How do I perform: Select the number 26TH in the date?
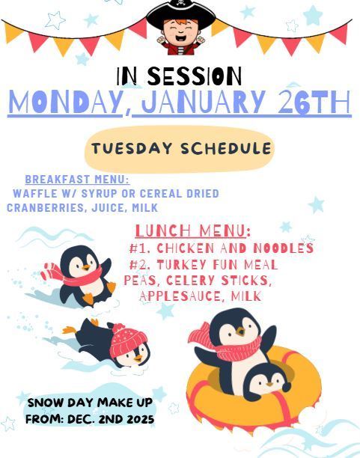pyautogui.click(x=314, y=103)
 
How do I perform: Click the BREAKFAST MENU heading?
pyautogui.click(x=77, y=180)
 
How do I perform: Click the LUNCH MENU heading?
pyautogui.click(x=192, y=230)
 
